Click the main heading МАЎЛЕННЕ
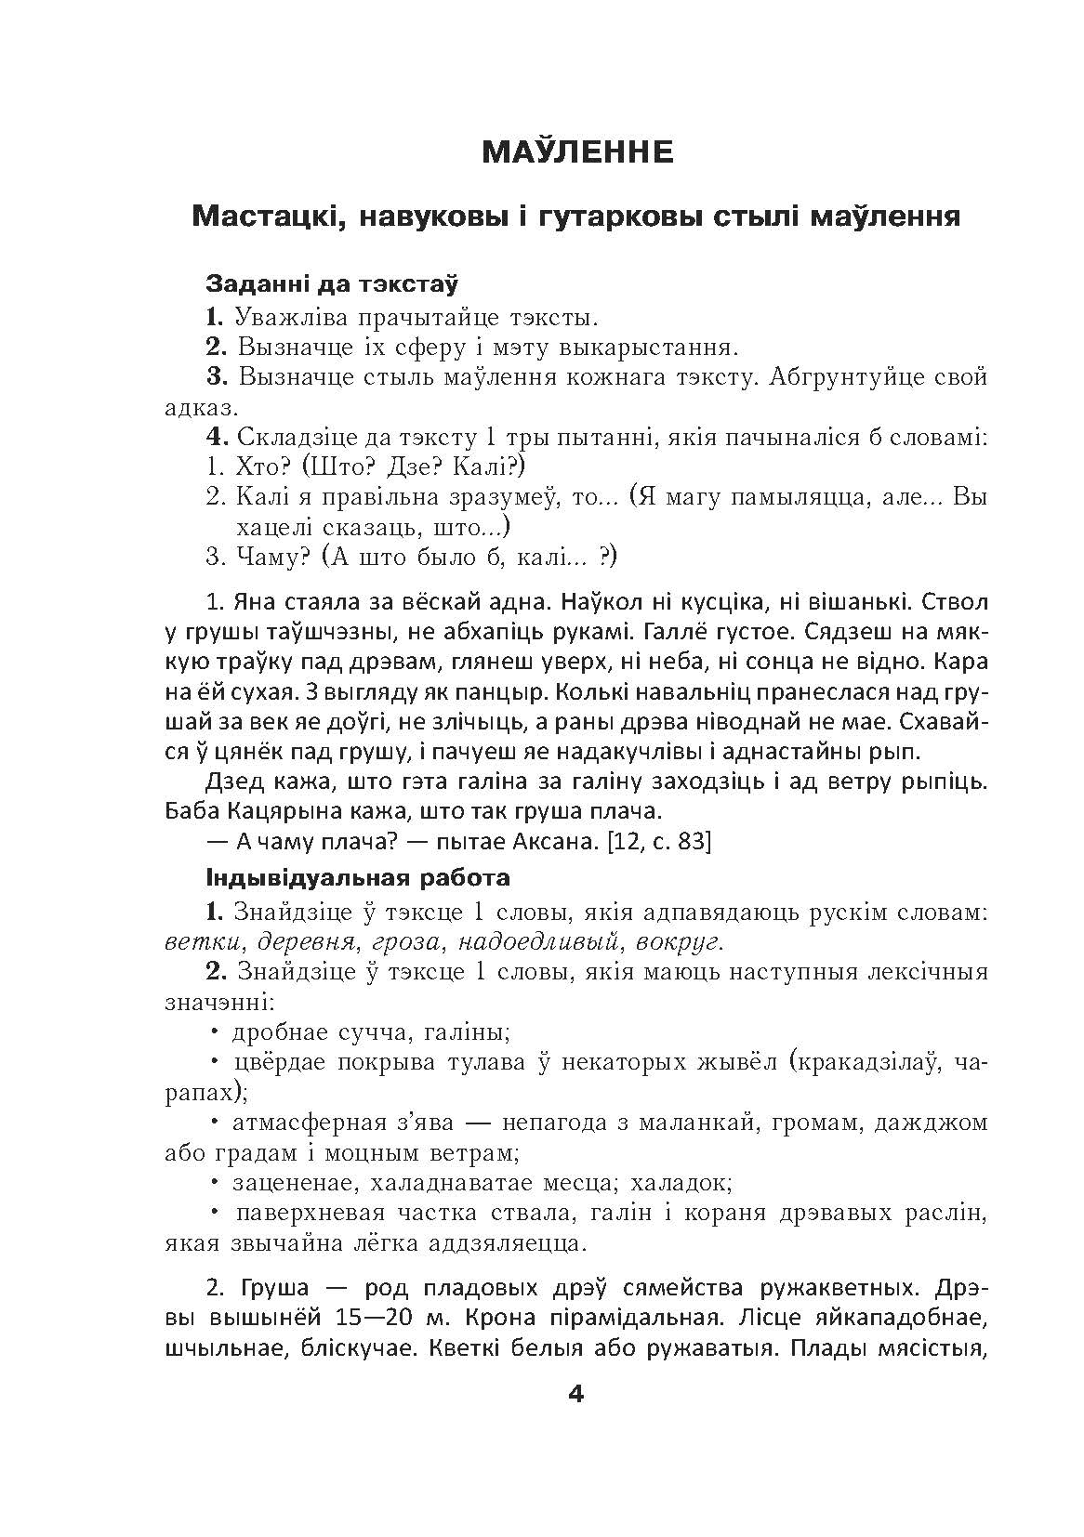[x=576, y=151]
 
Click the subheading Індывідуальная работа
[x=358, y=876]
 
